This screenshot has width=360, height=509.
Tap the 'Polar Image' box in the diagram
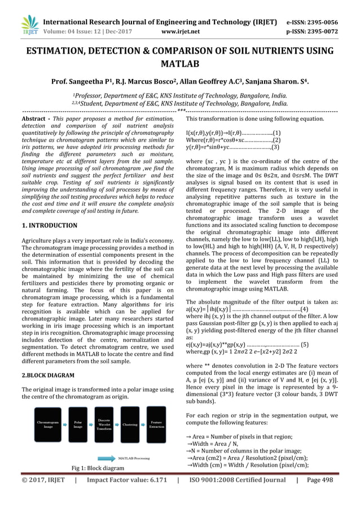[77, 424]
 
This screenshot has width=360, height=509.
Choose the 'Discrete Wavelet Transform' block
[104, 424]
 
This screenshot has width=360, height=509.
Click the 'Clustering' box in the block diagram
[130, 424]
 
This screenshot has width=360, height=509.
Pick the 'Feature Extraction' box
[157, 424]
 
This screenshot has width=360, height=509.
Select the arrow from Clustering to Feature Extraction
[143, 424]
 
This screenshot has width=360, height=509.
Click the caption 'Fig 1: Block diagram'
[98, 468]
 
